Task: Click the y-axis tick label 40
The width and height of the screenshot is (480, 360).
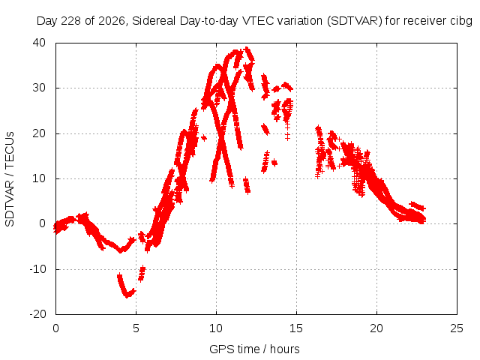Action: pos(39,43)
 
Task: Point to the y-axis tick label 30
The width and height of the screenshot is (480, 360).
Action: pos(39,88)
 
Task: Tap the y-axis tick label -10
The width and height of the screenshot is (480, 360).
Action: pos(37,269)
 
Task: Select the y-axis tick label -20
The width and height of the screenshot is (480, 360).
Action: pos(37,314)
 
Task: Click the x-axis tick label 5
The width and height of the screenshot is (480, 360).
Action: pos(136,328)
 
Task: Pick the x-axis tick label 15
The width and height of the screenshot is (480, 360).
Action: pos(296,328)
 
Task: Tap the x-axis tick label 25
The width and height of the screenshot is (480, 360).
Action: pos(457,328)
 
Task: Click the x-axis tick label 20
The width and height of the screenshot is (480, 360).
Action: pos(376,328)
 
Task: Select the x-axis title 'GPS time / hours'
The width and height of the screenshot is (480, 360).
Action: pos(254,349)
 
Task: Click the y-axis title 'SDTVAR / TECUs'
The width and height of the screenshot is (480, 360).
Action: pos(10,179)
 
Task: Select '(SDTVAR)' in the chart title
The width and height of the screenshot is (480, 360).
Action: pos(355,21)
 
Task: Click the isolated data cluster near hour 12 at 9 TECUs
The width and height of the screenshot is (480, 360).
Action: pos(247,185)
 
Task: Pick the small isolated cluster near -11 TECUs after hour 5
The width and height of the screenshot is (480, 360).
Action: pos(142,273)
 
